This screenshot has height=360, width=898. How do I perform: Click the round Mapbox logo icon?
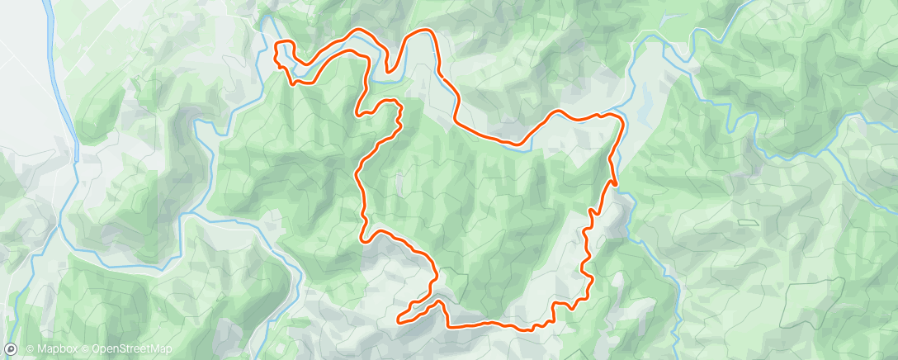pyautogui.click(x=11, y=348)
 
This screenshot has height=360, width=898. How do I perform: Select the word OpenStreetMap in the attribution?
pyautogui.click(x=132, y=349)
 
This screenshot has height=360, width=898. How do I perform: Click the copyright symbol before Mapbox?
pyautogui.click(x=30, y=349)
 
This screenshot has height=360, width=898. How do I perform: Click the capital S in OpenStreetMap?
pyautogui.click(x=121, y=349)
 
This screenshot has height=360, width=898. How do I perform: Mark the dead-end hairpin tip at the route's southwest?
pyautogui.click(x=399, y=319)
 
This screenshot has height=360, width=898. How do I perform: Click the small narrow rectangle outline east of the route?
pyautogui.click(x=747, y=223)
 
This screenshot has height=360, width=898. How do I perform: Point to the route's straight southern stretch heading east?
pyautogui.click(x=487, y=324)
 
